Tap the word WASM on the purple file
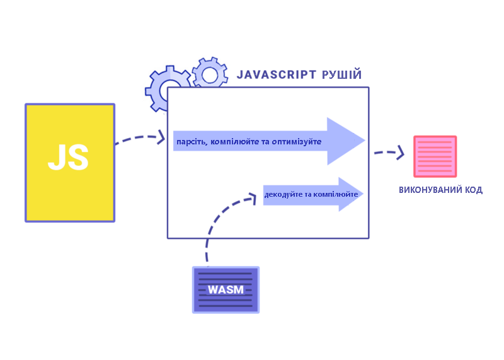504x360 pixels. pyautogui.click(x=226, y=290)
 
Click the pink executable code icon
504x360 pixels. pyautogui.click(x=435, y=156)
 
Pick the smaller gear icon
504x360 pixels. pyautogui.click(x=210, y=74)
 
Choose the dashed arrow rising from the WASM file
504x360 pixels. pyautogui.click(x=217, y=221)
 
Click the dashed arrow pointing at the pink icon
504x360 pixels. pyautogui.click(x=389, y=152)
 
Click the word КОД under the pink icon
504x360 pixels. pyautogui.click(x=473, y=190)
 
